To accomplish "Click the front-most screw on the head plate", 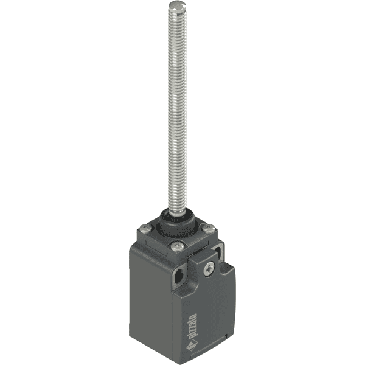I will click(177, 246).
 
